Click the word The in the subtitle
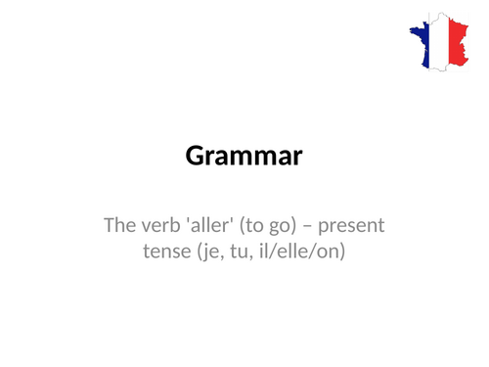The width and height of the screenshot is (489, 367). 118,227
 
